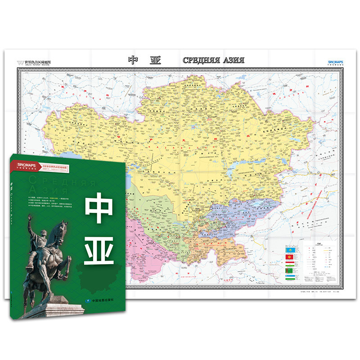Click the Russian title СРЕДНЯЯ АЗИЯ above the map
(x=213, y=60)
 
